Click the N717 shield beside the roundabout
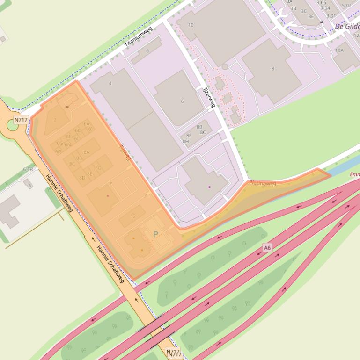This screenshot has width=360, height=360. [x=20, y=120]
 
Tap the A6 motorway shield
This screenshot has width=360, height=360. [x=267, y=248]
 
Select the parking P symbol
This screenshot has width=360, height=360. [x=156, y=234]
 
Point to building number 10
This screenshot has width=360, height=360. [x=191, y=25]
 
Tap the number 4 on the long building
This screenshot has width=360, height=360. [x=110, y=83]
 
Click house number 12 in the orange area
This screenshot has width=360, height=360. [x=133, y=216]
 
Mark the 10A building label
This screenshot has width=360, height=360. [x=339, y=50]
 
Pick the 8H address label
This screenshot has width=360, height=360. [x=185, y=141]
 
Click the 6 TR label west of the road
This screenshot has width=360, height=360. [x=28, y=169]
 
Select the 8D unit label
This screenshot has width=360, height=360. [x=82, y=178]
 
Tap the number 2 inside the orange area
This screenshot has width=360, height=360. [x=55, y=120]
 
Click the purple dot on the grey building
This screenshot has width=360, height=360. [x=209, y=187]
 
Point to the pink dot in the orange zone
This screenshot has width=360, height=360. [x=107, y=195]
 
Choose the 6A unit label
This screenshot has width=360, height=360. [x=86, y=124]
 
